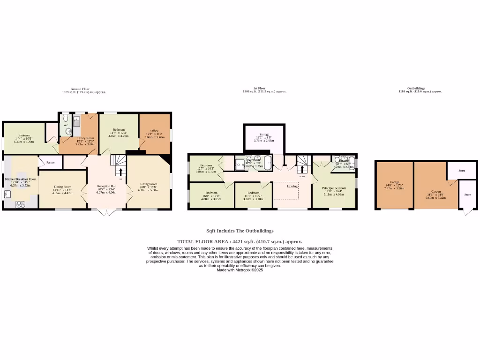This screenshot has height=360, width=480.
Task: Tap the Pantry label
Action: [x=51, y=163]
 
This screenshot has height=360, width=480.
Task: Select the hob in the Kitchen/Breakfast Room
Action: [x=21, y=204]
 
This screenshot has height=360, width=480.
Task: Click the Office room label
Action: [x=154, y=131]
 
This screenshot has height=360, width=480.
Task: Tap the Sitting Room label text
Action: [x=149, y=184]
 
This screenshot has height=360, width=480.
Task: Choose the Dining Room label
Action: [x=62, y=187]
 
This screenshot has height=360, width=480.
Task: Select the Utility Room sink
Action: [x=77, y=121]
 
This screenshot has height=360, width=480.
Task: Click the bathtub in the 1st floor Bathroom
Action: [x=267, y=163]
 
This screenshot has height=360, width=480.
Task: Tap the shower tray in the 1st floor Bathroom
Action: [x=240, y=164]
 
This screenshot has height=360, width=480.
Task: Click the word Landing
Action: [x=292, y=186]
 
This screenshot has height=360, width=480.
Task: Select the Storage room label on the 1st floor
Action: [x=264, y=135]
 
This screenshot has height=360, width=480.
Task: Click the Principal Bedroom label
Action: [x=334, y=188]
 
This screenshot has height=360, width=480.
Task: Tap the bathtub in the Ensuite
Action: [x=352, y=162]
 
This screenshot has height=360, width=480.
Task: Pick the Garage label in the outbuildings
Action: [x=394, y=182]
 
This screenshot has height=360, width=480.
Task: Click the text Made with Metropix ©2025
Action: [x=240, y=270]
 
